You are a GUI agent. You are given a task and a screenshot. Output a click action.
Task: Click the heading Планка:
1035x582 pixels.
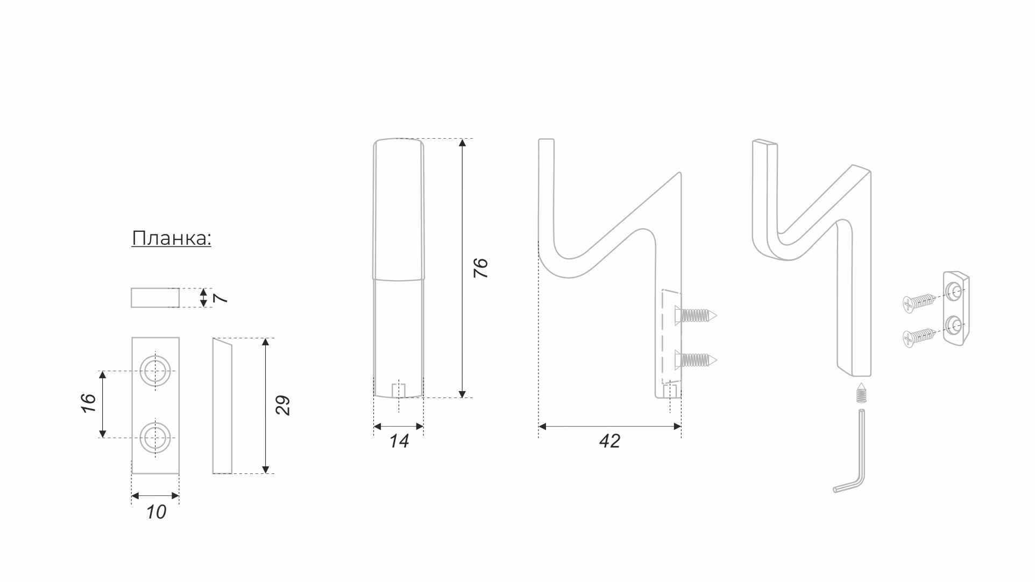[172, 238]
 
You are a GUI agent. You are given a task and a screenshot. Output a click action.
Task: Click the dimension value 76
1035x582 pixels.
[480, 268]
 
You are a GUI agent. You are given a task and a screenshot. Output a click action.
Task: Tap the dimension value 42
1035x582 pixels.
[609, 441]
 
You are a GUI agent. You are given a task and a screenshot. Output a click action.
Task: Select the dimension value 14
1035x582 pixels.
[399, 441]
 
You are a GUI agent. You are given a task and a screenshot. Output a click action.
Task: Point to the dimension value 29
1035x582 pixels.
[282, 405]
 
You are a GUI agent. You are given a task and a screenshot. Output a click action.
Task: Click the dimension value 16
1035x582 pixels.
[88, 403]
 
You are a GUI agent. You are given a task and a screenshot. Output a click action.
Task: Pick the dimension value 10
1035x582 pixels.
[156, 512]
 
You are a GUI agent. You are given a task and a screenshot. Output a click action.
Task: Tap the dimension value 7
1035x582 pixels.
[221, 297]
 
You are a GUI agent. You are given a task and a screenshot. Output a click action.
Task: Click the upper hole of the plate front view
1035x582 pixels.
[155, 371]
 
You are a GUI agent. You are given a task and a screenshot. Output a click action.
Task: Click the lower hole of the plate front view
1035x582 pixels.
[155, 437]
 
